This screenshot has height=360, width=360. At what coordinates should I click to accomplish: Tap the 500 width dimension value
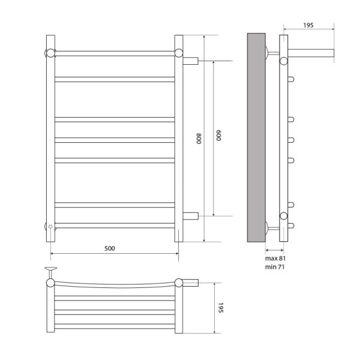(110, 247)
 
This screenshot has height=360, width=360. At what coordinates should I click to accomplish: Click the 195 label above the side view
(308, 25)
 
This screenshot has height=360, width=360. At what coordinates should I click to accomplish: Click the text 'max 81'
(275, 258)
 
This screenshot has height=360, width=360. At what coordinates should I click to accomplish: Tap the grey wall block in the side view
(256, 138)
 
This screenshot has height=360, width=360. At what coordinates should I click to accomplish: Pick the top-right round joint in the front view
(179, 52)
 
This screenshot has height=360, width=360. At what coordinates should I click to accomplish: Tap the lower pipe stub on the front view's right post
(190, 215)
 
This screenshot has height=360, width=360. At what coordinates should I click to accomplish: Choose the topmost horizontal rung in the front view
(114, 53)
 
